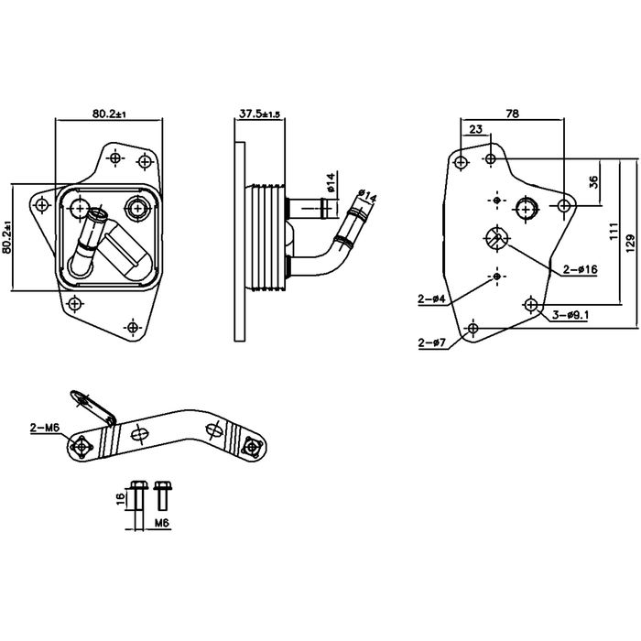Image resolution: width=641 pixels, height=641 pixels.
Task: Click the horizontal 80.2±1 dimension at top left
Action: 108,113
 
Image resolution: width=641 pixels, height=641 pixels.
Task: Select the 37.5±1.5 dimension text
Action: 259,113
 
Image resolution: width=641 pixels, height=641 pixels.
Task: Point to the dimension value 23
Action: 475,130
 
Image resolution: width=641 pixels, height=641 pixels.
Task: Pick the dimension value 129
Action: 631,243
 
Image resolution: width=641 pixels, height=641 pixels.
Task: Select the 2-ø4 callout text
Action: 432,299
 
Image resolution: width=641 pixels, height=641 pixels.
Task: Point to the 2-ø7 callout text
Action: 431,342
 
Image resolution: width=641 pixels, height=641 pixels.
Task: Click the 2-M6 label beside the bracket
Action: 45,428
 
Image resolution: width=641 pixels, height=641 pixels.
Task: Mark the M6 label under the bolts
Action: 161,523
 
